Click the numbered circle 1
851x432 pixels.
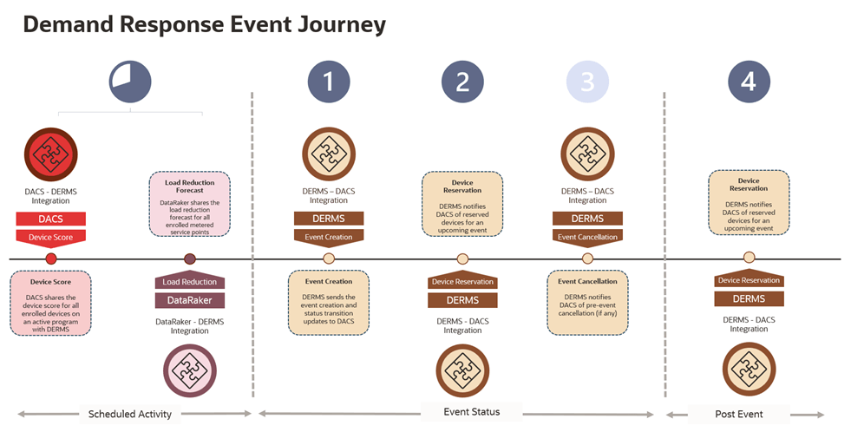(328, 82)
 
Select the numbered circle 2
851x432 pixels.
(462, 82)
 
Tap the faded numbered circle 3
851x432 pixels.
(587, 82)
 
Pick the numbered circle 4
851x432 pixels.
(749, 82)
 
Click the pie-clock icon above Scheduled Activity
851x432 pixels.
(130, 82)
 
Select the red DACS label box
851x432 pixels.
(50, 219)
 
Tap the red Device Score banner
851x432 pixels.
(50, 236)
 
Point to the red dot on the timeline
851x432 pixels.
(50, 259)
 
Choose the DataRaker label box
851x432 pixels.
(190, 300)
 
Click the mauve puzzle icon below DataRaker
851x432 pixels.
(190, 370)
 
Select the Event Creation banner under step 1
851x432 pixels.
(328, 236)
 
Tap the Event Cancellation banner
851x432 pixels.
(587, 236)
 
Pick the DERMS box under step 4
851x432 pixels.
(749, 298)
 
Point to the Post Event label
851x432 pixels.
(738, 414)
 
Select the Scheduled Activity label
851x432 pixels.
(130, 414)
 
